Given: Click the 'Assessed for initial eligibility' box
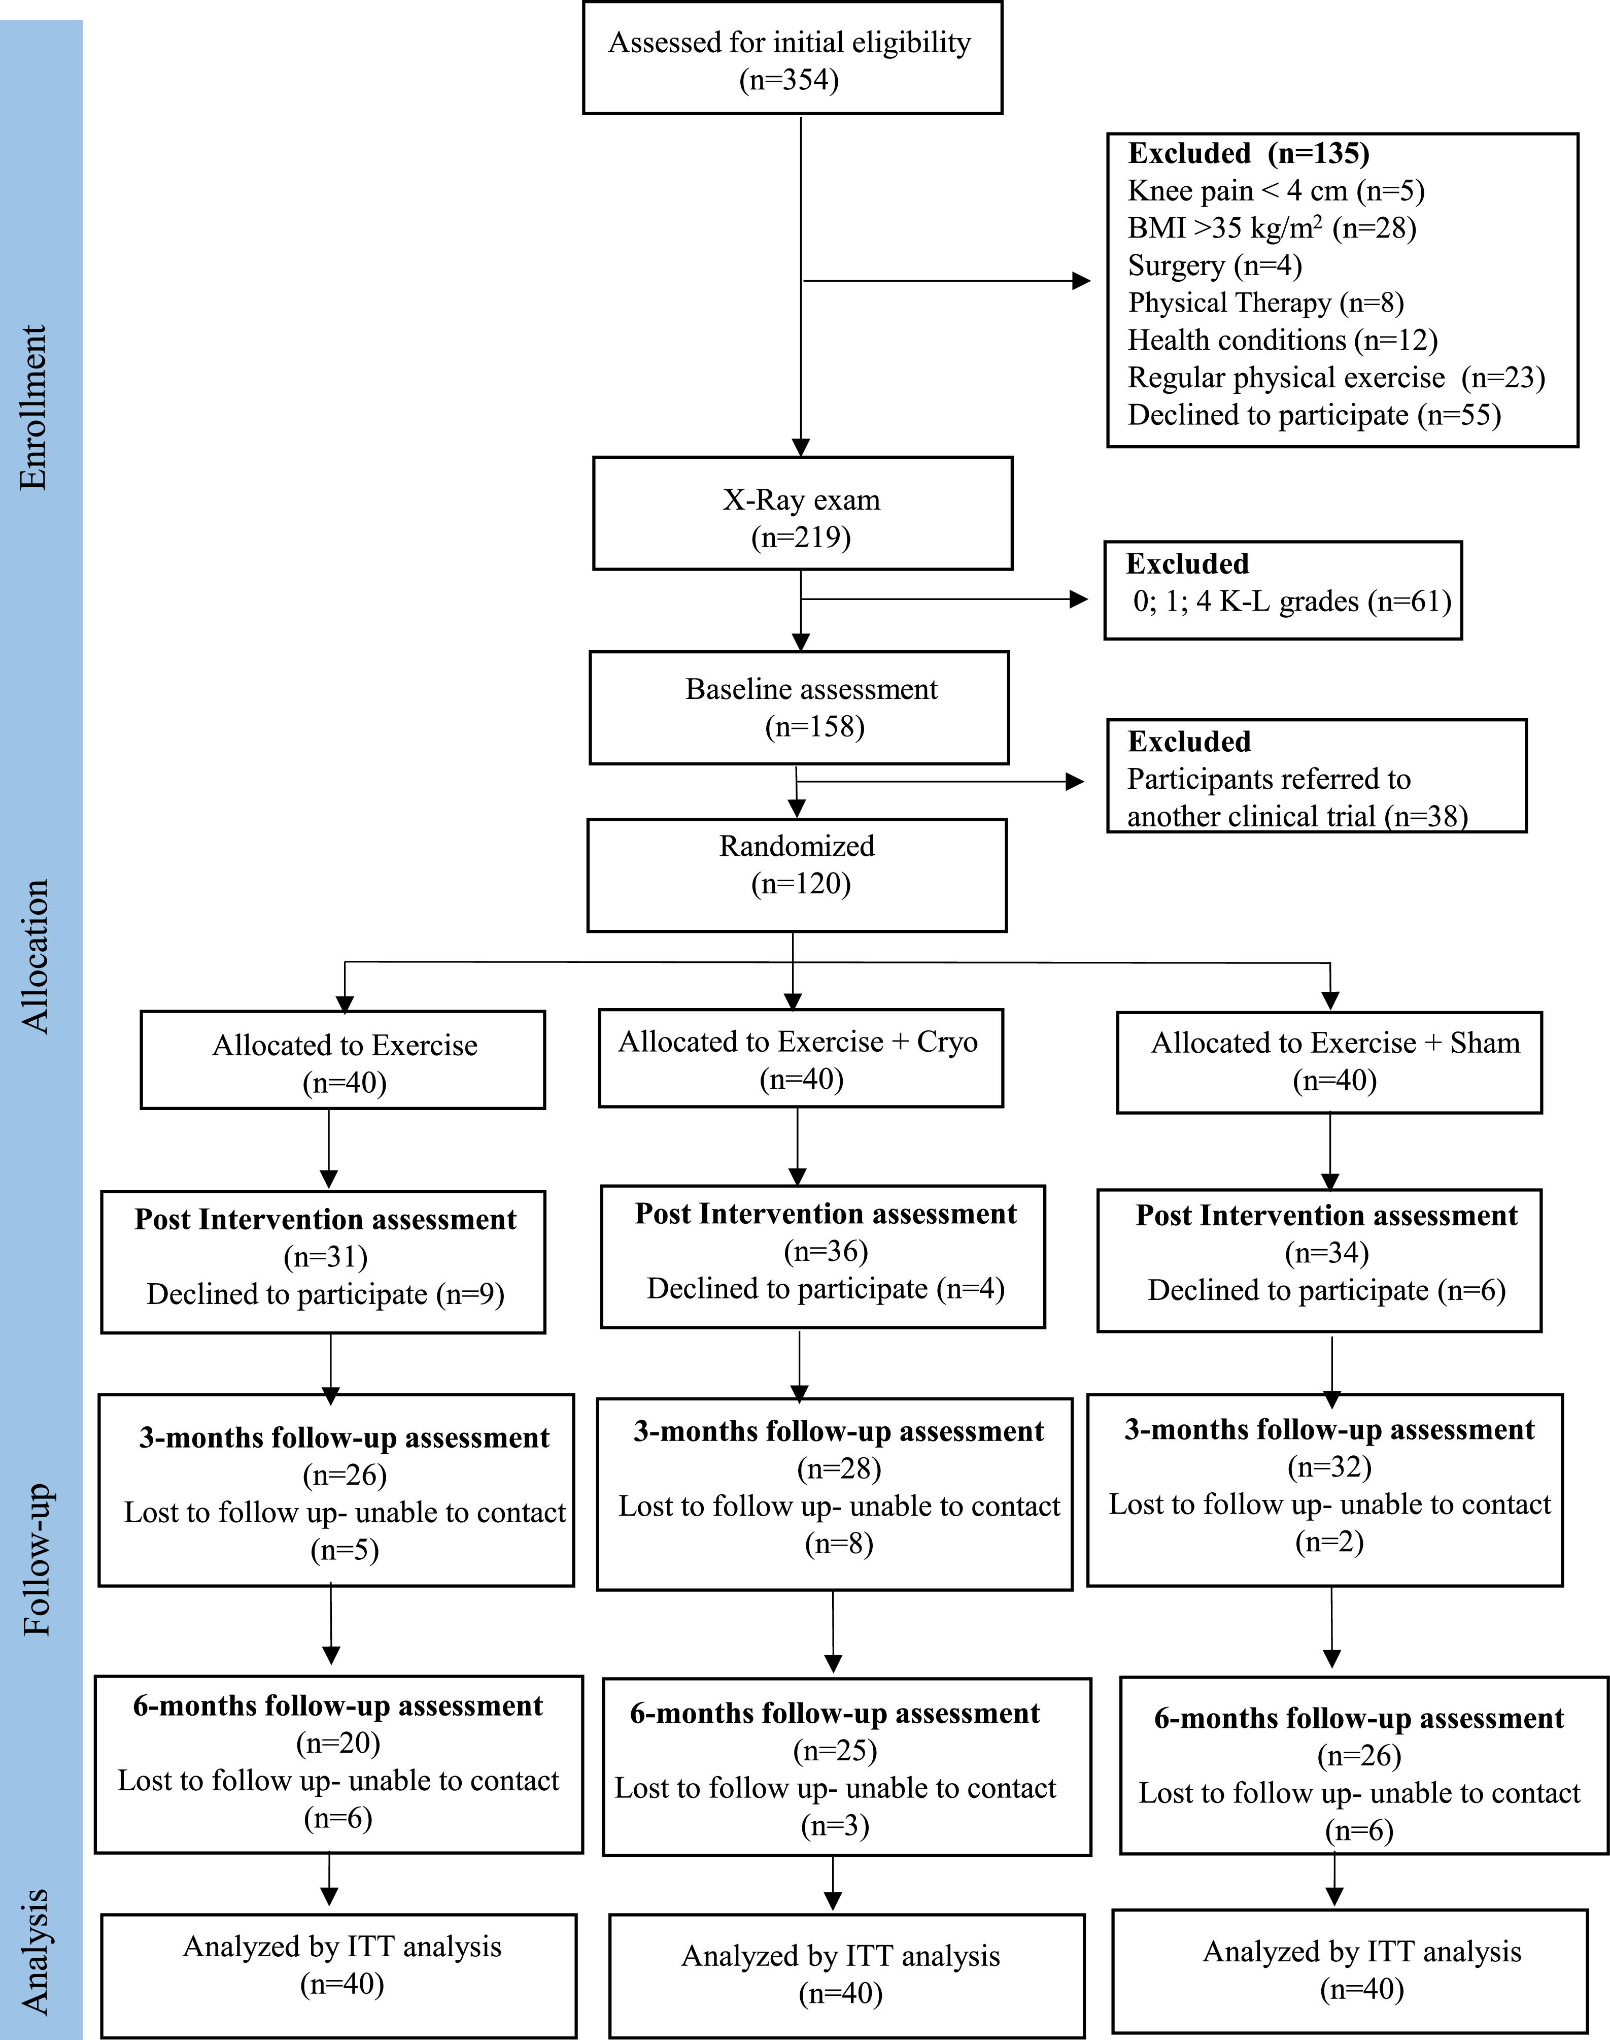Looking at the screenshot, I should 792,58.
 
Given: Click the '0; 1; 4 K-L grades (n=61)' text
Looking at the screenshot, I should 1291,601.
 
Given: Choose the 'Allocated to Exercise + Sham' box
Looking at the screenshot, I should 1329,1061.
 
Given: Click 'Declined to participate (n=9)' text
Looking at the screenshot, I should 325,1294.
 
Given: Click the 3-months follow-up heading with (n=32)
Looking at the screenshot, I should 1329,1430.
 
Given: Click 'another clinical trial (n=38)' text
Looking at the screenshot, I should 1297,816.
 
